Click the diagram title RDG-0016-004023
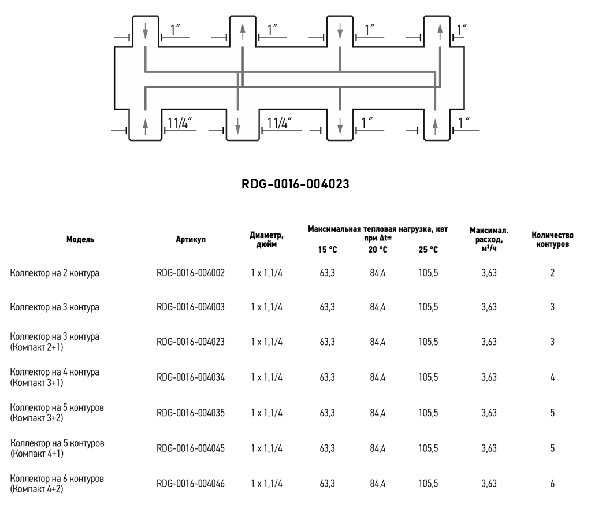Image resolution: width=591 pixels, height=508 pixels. point(295,184)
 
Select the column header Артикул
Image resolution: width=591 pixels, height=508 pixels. point(190,239)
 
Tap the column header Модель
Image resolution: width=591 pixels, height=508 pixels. point(80,239)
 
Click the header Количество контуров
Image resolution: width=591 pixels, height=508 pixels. point(552,239)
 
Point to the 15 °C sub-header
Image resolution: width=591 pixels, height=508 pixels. point(327,250)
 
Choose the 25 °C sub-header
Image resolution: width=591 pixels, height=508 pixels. point(428,250)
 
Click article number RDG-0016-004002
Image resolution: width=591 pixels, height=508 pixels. point(190,273)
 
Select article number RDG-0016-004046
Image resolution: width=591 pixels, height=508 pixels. point(190,484)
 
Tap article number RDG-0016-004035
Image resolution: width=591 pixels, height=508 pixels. point(190,413)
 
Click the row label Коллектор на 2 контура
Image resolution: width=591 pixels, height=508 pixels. point(55,273)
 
